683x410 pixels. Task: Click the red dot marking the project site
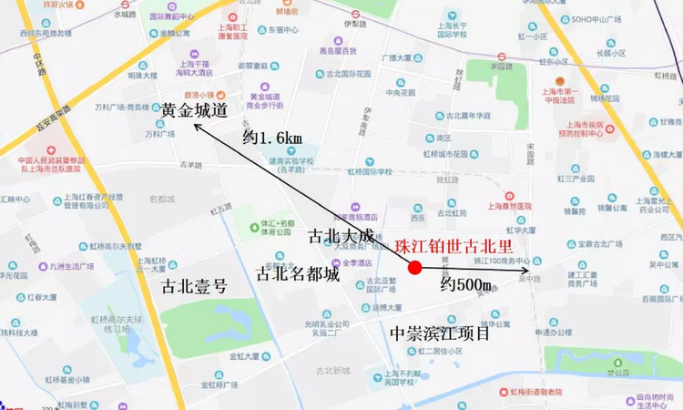[414, 268]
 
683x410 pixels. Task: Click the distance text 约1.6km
[271, 137]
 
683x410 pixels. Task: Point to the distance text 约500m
[465, 284]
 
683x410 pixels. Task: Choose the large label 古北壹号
[193, 286]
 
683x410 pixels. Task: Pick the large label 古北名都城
[297, 273]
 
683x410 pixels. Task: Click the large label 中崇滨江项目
[439, 333]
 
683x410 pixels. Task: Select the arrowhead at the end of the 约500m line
[526, 270]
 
